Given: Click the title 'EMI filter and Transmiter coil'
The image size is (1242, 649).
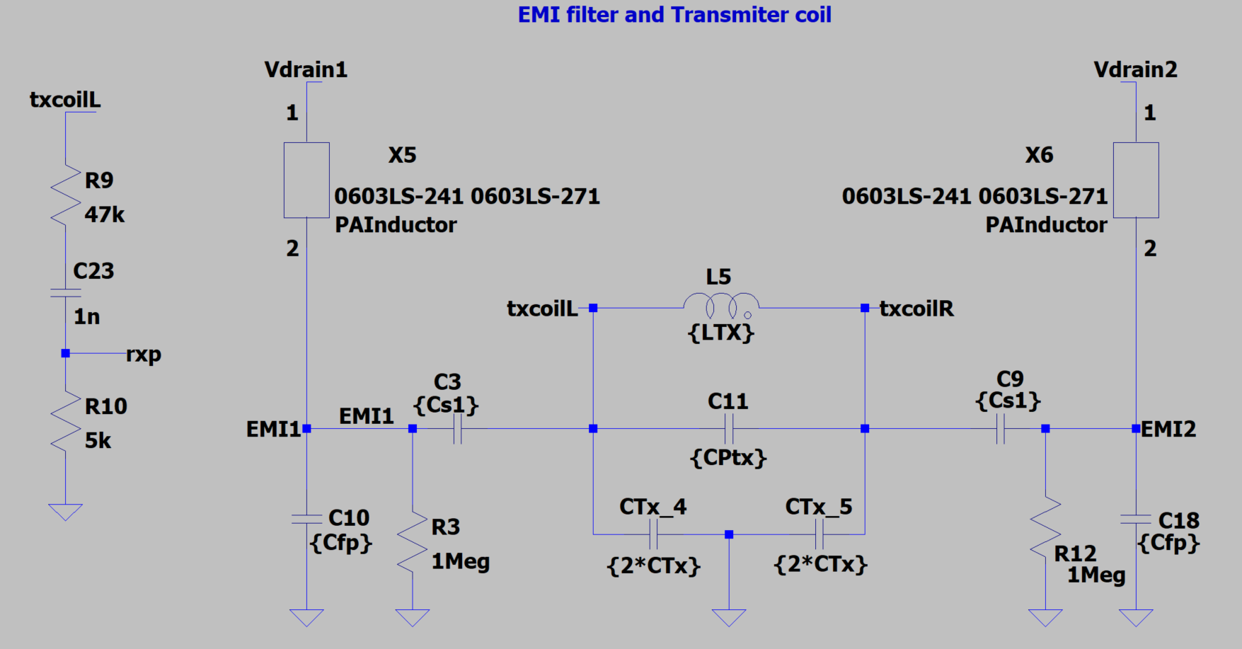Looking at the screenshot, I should click(x=674, y=15).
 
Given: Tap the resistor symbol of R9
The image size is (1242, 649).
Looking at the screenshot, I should click(x=66, y=196).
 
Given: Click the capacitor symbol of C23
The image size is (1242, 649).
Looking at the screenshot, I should click(x=66, y=292).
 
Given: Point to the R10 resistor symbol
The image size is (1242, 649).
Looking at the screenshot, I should click(x=66, y=423).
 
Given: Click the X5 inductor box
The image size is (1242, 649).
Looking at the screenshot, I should click(x=306, y=180).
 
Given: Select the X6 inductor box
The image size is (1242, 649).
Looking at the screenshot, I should click(x=1136, y=180).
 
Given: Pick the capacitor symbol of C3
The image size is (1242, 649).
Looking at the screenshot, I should click(x=457, y=429).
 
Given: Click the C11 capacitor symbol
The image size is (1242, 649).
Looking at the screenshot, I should click(x=729, y=429).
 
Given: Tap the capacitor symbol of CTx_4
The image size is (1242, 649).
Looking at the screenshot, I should click(x=653, y=534).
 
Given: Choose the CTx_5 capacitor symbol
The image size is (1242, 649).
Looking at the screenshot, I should click(x=820, y=534).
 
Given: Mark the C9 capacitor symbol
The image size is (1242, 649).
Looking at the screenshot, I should click(x=1000, y=429).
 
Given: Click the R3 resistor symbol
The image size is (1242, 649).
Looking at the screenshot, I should click(x=413, y=541).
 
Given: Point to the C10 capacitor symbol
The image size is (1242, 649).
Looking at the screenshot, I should click(x=306, y=519).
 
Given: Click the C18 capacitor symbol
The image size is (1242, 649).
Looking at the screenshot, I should click(x=1136, y=520).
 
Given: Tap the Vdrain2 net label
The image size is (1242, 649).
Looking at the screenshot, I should click(x=1135, y=70).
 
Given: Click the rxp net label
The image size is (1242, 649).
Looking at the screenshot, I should click(x=144, y=354).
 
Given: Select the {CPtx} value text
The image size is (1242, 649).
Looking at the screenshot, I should click(x=728, y=458).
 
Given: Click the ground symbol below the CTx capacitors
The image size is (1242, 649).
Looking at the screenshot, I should click(x=729, y=617).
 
